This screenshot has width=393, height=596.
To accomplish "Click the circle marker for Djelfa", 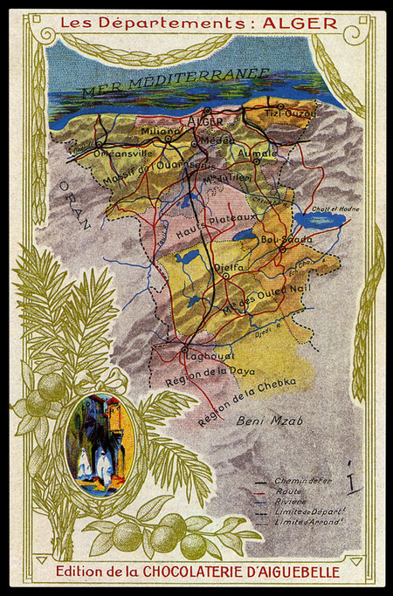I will [225, 275].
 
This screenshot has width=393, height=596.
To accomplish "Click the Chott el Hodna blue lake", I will [307, 219].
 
